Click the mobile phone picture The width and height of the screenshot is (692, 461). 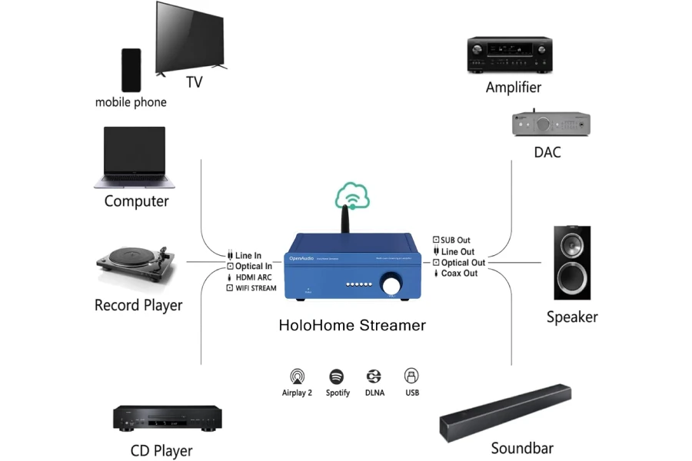click(131, 70)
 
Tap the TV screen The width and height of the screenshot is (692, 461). click(191, 36)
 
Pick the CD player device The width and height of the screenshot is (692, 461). click(168, 417)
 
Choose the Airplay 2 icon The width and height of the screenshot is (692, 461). click(297, 376)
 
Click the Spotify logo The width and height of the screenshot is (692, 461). click(337, 376)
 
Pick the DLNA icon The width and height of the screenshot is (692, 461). click(374, 376)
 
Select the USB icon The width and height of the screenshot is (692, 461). click(411, 376)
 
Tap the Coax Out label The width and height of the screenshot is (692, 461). click(459, 274)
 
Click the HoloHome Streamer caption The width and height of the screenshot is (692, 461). click(351, 325)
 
